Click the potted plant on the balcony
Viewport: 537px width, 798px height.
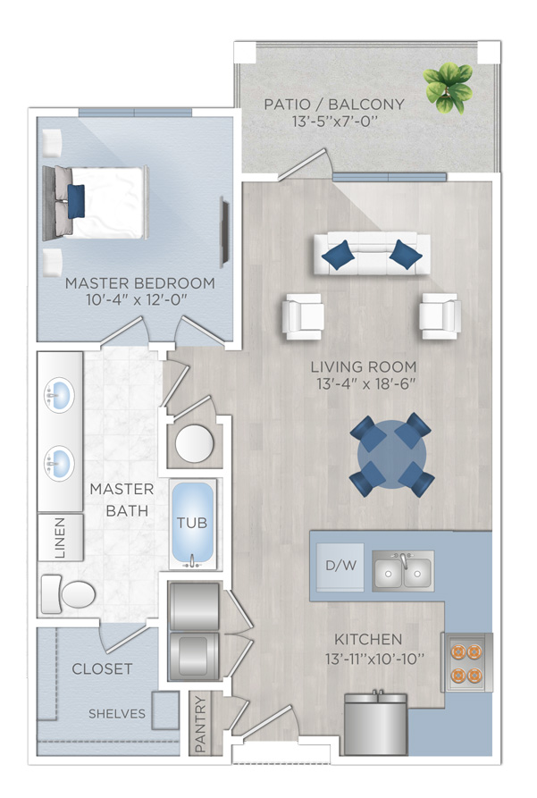(449, 88)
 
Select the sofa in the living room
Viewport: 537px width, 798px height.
(372, 254)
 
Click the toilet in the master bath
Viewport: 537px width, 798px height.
(68, 594)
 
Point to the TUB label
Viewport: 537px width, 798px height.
(192, 523)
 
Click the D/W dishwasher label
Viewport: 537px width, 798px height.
(340, 565)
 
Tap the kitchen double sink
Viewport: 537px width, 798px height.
(403, 570)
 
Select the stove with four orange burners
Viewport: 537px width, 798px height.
(466, 662)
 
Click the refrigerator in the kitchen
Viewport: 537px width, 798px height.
(376, 724)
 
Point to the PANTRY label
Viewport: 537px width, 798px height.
(200, 724)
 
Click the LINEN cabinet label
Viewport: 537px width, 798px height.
(60, 538)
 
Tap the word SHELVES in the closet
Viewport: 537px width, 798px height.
(117, 714)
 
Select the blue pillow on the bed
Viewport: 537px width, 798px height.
(76, 202)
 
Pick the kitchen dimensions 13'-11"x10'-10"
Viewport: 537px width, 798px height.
(374, 659)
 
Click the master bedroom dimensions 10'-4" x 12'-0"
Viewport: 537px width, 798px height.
(138, 299)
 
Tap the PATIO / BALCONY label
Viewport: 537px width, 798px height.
(334, 105)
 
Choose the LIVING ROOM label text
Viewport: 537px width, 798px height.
(364, 367)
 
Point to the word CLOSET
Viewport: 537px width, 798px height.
(103, 668)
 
